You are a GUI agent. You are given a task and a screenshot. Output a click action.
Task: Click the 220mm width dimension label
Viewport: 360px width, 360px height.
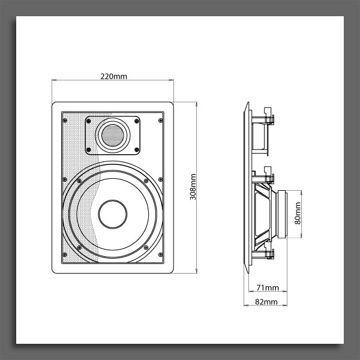[x=113, y=76]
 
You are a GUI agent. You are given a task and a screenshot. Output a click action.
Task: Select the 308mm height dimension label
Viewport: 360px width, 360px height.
[x=193, y=187]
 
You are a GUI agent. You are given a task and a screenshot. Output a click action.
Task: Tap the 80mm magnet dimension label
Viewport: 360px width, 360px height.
[x=298, y=213]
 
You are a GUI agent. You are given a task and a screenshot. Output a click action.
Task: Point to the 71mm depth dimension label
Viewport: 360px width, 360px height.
[x=268, y=287]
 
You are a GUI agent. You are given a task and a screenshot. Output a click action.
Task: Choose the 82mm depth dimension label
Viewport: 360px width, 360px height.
[x=266, y=302]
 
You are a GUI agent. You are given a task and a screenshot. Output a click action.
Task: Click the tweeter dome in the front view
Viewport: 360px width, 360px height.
[x=113, y=136]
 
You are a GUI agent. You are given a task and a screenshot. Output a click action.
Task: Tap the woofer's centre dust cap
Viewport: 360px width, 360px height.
[x=113, y=214]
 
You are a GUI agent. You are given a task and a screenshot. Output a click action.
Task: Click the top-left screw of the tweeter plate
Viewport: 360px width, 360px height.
[x=89, y=121]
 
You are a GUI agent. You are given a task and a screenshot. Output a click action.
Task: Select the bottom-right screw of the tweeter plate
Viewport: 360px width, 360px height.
[x=137, y=150]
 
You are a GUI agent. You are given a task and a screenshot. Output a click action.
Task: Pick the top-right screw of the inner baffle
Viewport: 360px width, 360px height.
[x=160, y=121]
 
